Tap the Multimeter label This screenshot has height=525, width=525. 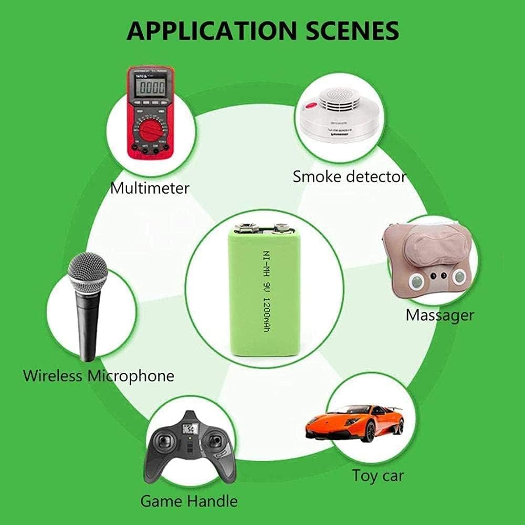(150, 187)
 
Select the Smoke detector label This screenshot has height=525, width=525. (350, 176)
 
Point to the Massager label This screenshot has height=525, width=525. (439, 315)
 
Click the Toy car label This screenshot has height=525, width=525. (377, 476)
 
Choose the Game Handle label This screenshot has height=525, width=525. (189, 500)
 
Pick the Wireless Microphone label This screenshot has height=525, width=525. (99, 376)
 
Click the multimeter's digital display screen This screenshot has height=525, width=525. (151, 87)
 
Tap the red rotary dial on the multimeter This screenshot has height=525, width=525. (151, 128)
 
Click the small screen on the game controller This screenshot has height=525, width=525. (188, 429)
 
